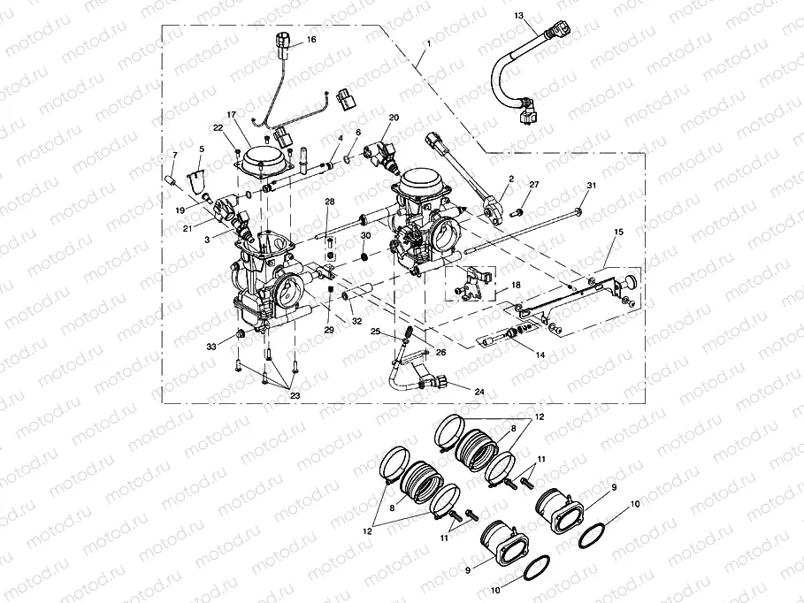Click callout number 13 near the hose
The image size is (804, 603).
(x=519, y=16)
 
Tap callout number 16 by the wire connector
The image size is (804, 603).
(x=310, y=40)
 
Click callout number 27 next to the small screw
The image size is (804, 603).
(x=533, y=184)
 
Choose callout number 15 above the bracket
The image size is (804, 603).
(x=618, y=231)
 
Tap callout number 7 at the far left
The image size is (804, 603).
(x=175, y=156)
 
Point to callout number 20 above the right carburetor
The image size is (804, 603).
(x=394, y=118)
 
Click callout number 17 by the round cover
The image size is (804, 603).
(x=232, y=115)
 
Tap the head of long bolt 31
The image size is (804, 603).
(x=577, y=210)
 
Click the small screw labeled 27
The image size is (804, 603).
(x=518, y=212)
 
